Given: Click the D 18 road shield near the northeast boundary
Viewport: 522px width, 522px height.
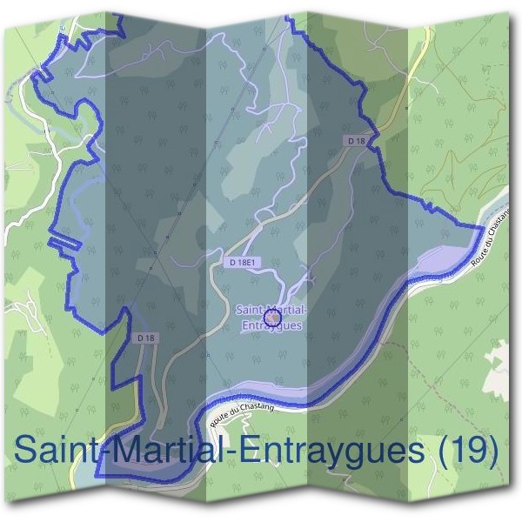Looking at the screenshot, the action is (354, 140).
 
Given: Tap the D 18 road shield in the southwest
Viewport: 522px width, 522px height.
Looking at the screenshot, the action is (145, 337).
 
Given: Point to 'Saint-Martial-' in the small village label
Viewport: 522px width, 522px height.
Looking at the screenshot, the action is (271, 310).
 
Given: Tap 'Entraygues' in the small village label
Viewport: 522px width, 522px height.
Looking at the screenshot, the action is (271, 325).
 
